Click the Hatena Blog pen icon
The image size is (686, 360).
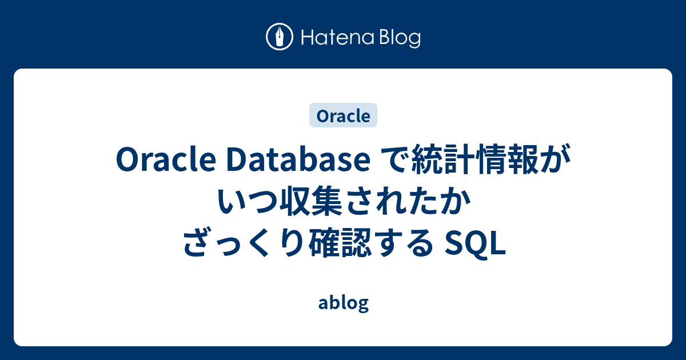[280, 38]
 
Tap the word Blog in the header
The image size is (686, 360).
[398, 38]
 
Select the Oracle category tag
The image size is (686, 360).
[343, 115]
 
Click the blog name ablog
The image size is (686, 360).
[343, 303]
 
